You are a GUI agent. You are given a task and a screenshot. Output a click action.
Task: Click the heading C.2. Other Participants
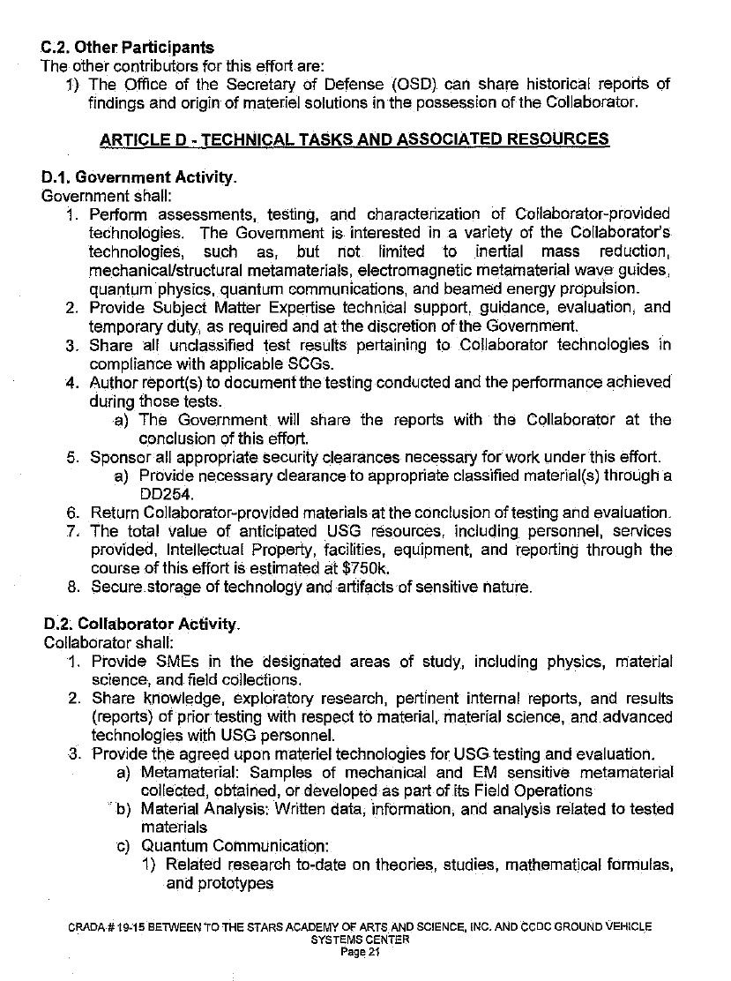tap(127, 48)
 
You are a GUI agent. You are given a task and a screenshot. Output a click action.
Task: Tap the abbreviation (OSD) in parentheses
tap(414, 85)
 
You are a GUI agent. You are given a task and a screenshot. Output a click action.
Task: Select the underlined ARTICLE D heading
tap(354, 139)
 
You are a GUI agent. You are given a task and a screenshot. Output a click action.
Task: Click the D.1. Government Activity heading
tap(139, 177)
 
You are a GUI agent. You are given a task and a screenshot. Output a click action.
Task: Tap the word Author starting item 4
tap(115, 382)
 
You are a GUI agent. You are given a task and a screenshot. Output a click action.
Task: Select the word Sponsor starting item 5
tap(120, 456)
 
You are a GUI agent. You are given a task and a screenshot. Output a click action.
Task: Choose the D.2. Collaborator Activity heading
tap(141, 625)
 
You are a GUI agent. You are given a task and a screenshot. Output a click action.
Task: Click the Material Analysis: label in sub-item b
tap(194, 809)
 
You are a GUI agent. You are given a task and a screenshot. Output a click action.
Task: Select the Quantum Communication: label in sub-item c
tap(217, 847)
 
